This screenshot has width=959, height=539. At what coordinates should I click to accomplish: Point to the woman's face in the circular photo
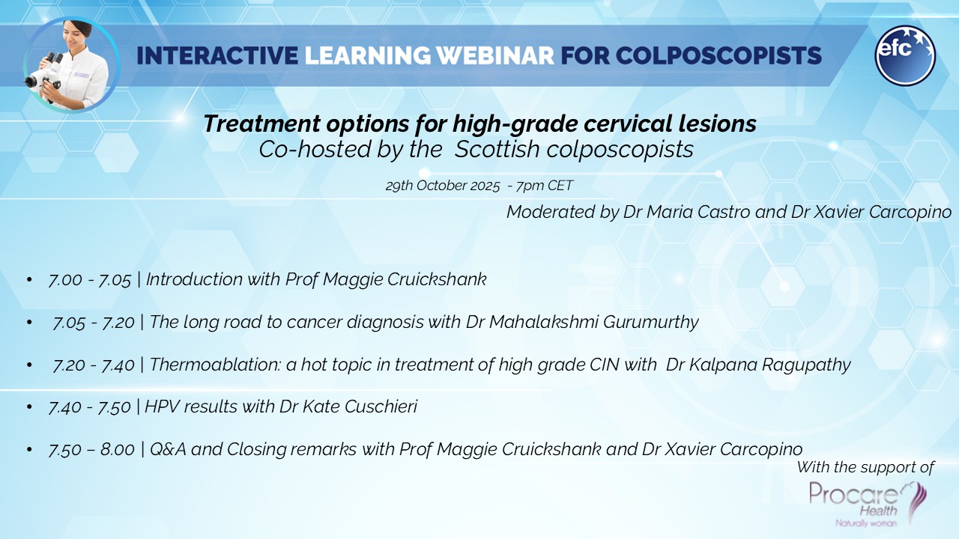(79, 37)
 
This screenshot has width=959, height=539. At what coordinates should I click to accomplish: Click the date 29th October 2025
(441, 186)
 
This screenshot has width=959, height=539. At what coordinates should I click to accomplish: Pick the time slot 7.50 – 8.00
(91, 450)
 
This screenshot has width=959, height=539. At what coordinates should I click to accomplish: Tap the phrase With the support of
(865, 468)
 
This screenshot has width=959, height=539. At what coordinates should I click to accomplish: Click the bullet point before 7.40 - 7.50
(29, 408)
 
